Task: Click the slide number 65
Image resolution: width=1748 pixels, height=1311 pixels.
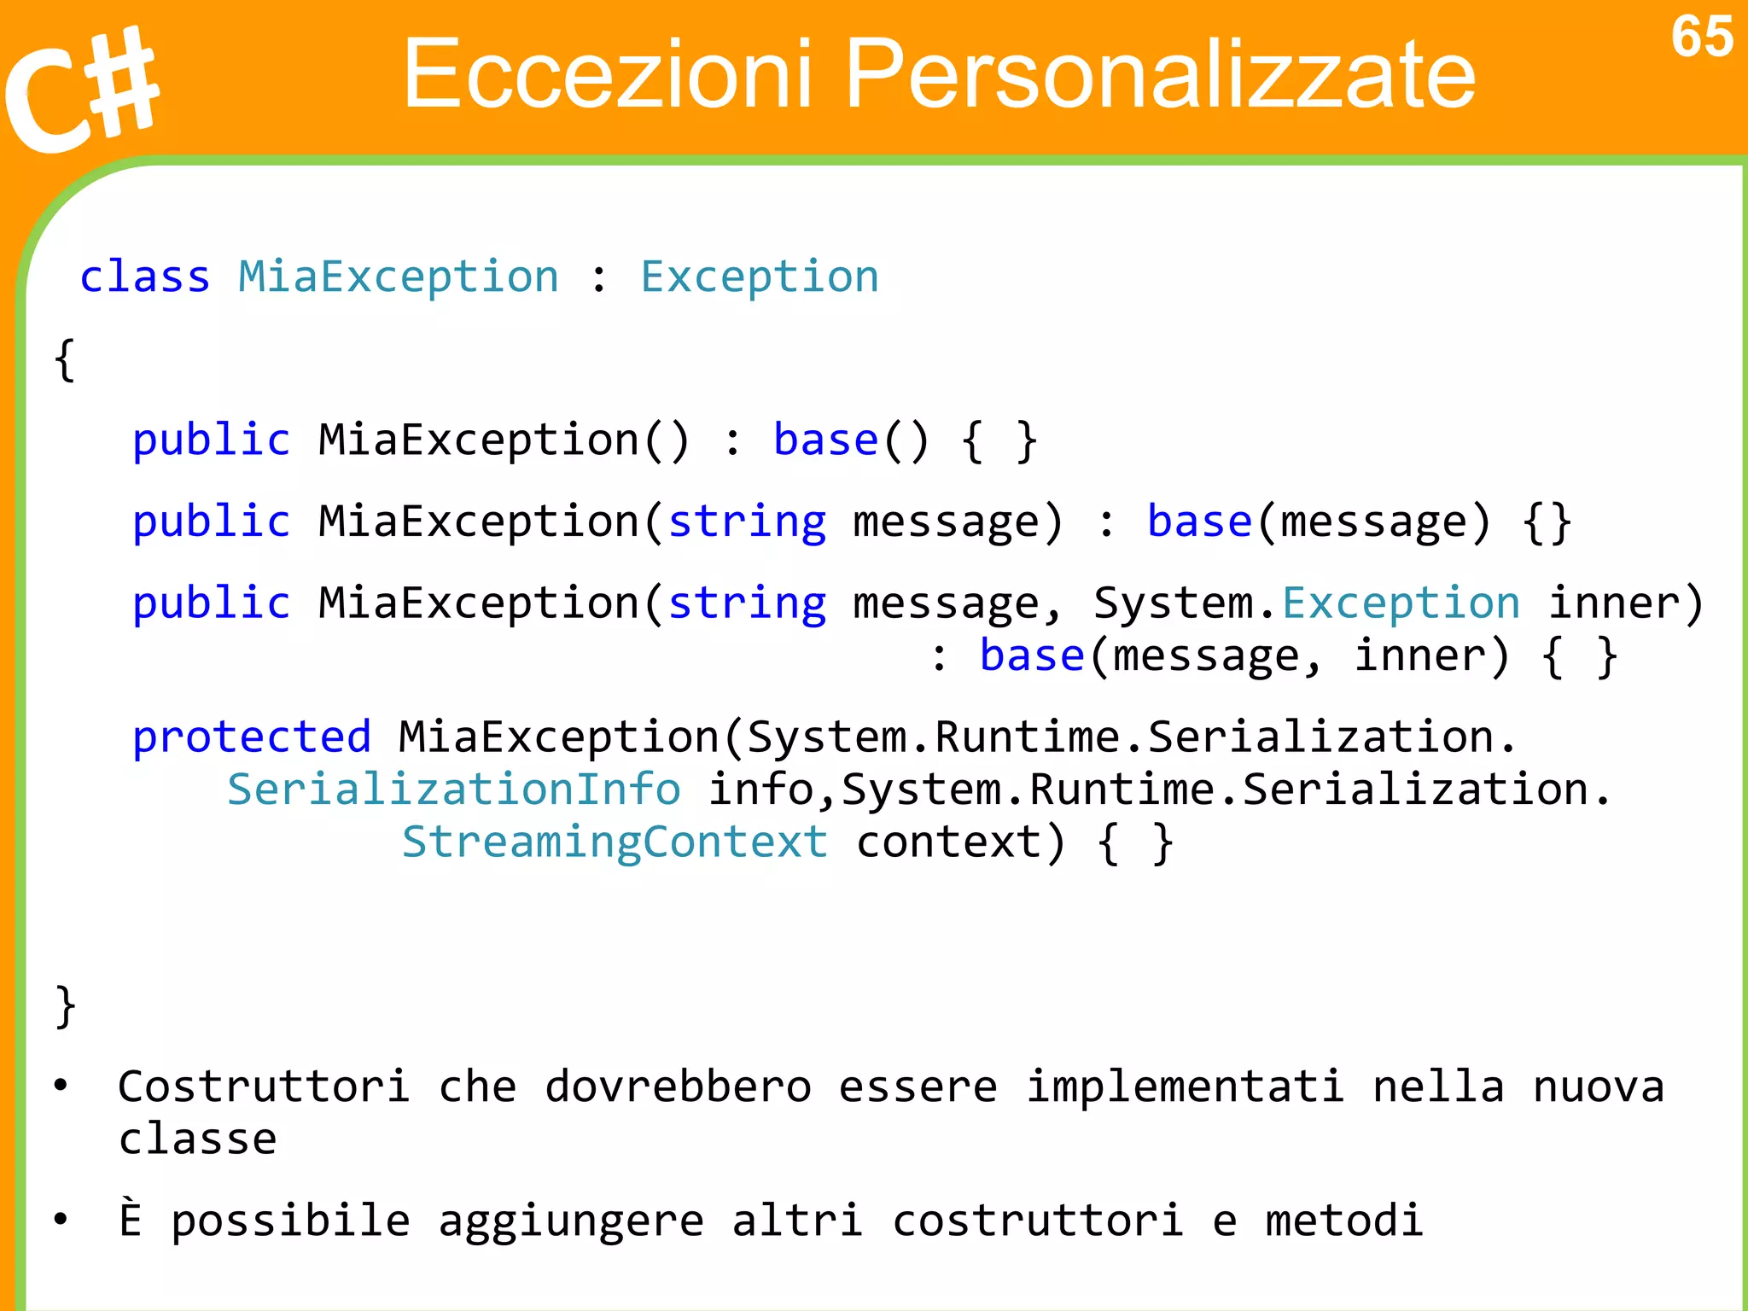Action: [x=1701, y=38]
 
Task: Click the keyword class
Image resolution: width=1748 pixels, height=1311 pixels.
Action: [x=145, y=277]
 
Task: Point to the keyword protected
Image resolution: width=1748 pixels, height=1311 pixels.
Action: [x=252, y=737]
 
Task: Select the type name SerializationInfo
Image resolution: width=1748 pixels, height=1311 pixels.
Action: [x=454, y=790]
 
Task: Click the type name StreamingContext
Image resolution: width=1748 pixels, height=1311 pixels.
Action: [x=615, y=842]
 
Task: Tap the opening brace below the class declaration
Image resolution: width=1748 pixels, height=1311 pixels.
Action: [x=65, y=359]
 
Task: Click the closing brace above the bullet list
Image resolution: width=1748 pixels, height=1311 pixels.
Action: [x=65, y=1006]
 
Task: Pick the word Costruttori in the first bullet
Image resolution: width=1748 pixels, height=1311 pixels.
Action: [x=264, y=1087]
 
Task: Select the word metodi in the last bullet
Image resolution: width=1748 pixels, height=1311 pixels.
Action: [x=1344, y=1221]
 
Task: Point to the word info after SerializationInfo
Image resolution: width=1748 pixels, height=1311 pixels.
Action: [x=760, y=790]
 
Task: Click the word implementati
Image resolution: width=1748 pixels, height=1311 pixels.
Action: [x=1185, y=1087]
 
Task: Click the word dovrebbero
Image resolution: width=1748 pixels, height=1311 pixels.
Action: [x=679, y=1087]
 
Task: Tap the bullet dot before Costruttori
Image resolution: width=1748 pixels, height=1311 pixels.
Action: [x=61, y=1086]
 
